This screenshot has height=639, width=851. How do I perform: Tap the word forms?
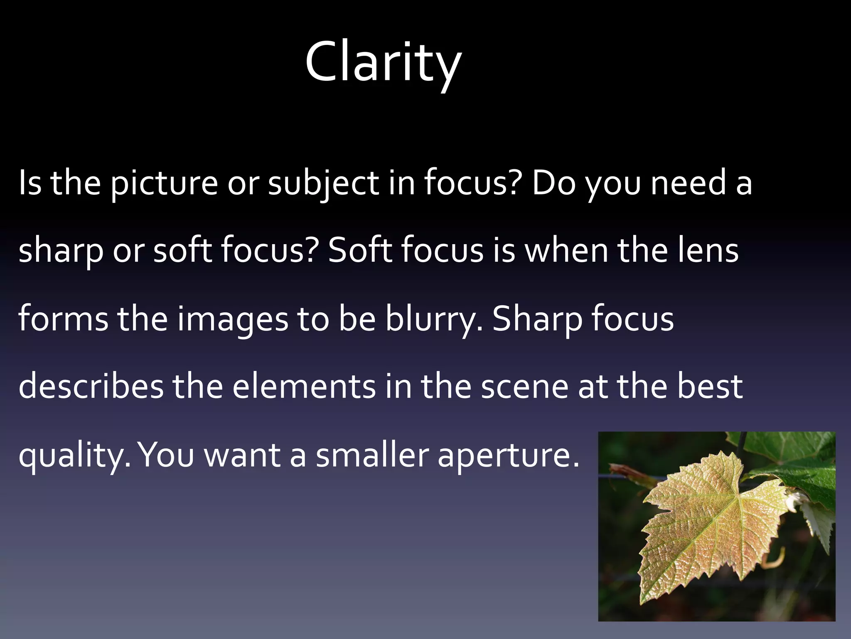point(63,319)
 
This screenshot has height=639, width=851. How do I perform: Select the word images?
point(233,319)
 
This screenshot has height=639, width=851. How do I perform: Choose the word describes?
point(91,386)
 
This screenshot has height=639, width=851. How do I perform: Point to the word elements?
point(304,386)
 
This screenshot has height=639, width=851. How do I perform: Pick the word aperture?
point(508,456)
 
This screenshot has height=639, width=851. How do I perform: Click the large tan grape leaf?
point(706,524)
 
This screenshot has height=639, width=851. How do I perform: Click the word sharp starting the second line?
point(61,251)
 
